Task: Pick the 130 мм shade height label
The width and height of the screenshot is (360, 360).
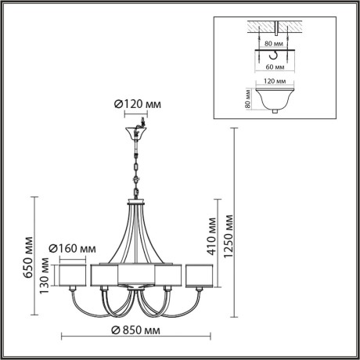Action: click(x=45, y=277)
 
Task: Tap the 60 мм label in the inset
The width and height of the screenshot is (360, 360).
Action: click(x=273, y=69)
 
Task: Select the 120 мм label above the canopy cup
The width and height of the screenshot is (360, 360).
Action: click(x=272, y=81)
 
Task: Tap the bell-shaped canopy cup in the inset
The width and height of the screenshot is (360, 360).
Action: click(x=273, y=100)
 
